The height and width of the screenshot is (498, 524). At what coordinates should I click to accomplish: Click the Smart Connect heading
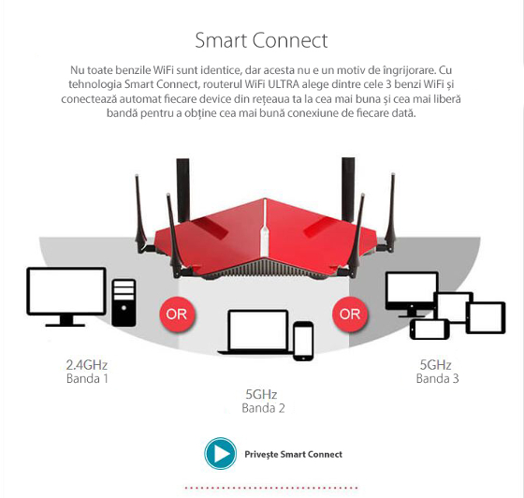pos(261,40)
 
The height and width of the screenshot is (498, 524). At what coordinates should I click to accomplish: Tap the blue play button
pos(221,454)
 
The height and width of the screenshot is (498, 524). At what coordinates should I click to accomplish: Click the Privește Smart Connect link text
pos(294,454)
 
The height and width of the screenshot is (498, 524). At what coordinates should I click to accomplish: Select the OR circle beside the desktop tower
pos(177,315)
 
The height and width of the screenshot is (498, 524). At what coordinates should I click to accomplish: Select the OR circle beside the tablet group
pos(350,315)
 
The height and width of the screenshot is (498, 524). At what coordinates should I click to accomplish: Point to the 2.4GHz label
pos(86,365)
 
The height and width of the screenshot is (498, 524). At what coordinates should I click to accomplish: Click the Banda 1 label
pos(87,379)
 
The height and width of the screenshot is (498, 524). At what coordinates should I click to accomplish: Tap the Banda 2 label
pos(263,408)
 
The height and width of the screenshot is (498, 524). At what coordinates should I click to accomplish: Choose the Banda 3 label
pos(438,379)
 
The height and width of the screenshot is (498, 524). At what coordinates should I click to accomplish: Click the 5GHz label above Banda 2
pos(261,394)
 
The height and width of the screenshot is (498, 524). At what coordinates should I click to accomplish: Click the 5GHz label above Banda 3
pos(436,365)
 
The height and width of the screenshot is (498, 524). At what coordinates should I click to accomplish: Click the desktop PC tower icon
pos(124,302)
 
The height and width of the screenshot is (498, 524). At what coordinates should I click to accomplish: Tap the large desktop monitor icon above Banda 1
pos(66,297)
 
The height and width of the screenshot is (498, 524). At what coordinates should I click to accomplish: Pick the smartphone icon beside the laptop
pos(303,341)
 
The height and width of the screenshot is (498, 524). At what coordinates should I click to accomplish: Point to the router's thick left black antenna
pos(183,190)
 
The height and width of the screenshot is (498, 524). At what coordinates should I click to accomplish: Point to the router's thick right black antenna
pos(348,189)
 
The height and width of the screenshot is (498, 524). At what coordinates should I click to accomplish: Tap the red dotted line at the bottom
pos(271,488)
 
